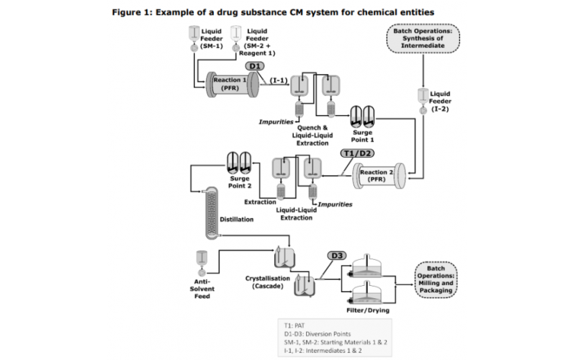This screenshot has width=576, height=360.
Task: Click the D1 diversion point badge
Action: (x=256, y=66)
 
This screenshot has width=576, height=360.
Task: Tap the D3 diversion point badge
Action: (x=337, y=256)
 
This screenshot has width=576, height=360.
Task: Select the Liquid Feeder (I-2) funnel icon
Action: (x=421, y=99)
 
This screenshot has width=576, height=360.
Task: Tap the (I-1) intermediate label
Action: (x=279, y=80)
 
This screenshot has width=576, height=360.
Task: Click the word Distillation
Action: (x=236, y=219)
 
